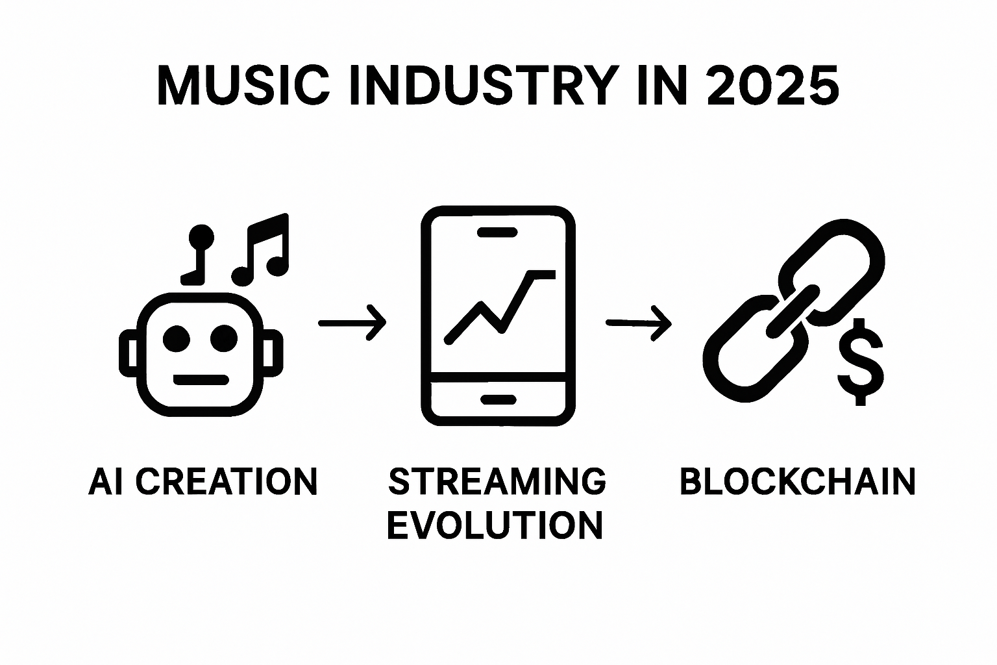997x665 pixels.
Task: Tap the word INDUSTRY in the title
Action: click(x=484, y=85)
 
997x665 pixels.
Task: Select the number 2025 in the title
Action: click(x=772, y=85)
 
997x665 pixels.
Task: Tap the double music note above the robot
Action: click(x=262, y=250)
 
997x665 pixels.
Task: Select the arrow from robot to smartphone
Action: click(x=352, y=322)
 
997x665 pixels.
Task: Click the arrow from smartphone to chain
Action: click(x=639, y=322)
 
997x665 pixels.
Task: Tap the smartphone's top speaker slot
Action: click(x=497, y=232)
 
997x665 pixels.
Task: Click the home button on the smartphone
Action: click(x=497, y=399)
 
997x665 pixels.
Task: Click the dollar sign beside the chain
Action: click(x=860, y=362)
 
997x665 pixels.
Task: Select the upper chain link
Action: click(x=834, y=266)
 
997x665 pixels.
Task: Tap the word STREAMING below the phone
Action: click(x=497, y=482)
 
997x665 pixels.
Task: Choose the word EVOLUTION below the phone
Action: click(x=495, y=525)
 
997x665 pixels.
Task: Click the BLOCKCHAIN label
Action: click(x=797, y=482)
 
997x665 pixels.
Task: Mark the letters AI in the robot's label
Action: click(x=105, y=482)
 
